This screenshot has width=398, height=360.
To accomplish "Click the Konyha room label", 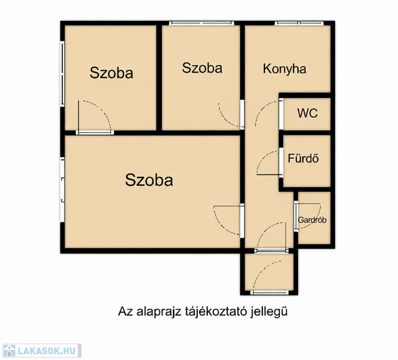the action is [x=284, y=69].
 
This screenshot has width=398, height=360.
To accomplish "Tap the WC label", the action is [x=307, y=113].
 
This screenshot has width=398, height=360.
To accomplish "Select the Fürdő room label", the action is [x=303, y=158].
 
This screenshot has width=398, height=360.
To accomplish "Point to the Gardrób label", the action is [x=312, y=220].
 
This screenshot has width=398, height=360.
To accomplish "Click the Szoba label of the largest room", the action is [x=149, y=180].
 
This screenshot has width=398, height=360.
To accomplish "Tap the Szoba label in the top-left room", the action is [x=111, y=73].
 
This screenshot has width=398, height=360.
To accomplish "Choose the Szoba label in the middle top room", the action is [x=202, y=68].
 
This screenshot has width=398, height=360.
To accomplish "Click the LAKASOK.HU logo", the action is [x=42, y=351].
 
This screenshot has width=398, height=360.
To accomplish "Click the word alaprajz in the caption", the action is [x=159, y=312].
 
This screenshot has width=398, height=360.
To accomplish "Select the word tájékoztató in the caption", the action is [x=215, y=311].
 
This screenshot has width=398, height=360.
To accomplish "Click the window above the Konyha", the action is [x=299, y=23].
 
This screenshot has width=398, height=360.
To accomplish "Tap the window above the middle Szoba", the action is [x=201, y=23].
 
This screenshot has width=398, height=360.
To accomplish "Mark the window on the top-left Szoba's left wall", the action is [x=62, y=74].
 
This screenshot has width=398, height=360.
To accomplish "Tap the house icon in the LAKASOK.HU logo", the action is [x=9, y=351].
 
